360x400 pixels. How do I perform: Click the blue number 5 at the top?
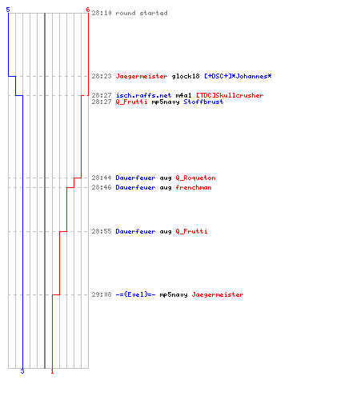pyautogui.click(x=8, y=10)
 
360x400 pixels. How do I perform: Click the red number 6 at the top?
pyautogui.click(x=87, y=10)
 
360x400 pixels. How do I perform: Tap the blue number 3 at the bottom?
pyautogui.click(x=22, y=371)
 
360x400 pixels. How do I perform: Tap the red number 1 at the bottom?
pyautogui.click(x=52, y=371)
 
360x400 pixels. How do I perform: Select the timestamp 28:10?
pyautogui.click(x=102, y=13)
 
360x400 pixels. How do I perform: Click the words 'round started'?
pyautogui.click(x=142, y=13)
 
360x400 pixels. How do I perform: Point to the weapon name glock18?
pyautogui.click(x=186, y=76)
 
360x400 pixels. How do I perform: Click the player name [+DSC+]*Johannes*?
pyautogui.click(x=238, y=76)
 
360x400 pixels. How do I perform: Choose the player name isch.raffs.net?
pyautogui.click(x=143, y=95)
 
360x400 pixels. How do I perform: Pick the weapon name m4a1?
pyautogui.click(x=183, y=95)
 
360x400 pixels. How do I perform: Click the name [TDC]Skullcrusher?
pyautogui.click(x=230, y=95)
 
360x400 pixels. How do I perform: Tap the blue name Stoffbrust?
pyautogui.click(x=203, y=102)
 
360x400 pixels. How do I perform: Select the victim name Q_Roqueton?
pyautogui.click(x=195, y=178)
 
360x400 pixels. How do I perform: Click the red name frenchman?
pyautogui.click(x=194, y=187)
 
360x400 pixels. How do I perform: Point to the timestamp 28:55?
pyautogui.click(x=102, y=231)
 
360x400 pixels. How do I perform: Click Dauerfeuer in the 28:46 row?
pyautogui.click(x=135, y=187)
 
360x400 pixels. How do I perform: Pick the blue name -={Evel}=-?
pyautogui.click(x=135, y=294)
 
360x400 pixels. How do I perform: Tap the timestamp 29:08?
pyautogui.click(x=102, y=294)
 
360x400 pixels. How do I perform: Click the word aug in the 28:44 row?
pyautogui.click(x=166, y=178)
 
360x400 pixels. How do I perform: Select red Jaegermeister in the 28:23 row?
pyautogui.click(x=142, y=76)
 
